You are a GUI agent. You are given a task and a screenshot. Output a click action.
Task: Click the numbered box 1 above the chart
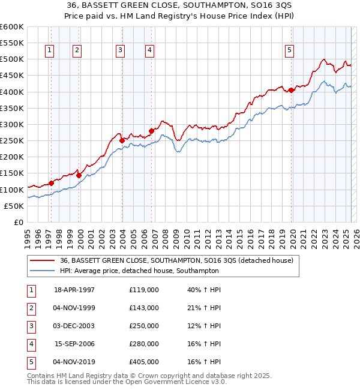click(x=49, y=50)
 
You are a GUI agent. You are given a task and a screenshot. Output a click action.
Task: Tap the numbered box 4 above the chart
click(x=148, y=50)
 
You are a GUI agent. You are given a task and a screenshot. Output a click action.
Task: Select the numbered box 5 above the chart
click(x=289, y=50)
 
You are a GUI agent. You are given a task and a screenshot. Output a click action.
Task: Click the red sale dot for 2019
click(x=291, y=90)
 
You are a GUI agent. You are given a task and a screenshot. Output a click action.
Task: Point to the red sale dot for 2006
click(x=151, y=131)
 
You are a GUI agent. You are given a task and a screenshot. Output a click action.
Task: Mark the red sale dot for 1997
click(x=51, y=183)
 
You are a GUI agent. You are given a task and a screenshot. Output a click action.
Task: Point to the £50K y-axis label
click(x=14, y=206)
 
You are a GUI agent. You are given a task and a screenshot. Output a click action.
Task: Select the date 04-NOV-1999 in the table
click(x=74, y=308)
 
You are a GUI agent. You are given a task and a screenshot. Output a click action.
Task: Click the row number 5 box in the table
click(x=30, y=362)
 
